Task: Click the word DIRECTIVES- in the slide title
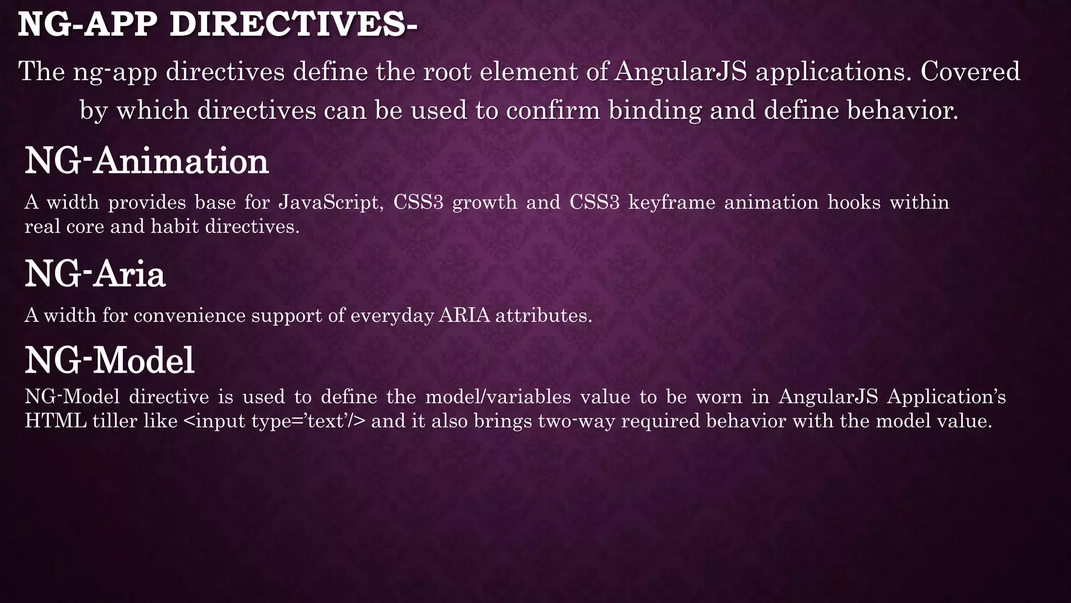pyautogui.click(x=293, y=25)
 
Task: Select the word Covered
pyautogui.click(x=970, y=72)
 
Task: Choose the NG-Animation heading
pyautogui.click(x=147, y=161)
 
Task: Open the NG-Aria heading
pyautogui.click(x=95, y=274)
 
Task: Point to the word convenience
pyautogui.click(x=189, y=316)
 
